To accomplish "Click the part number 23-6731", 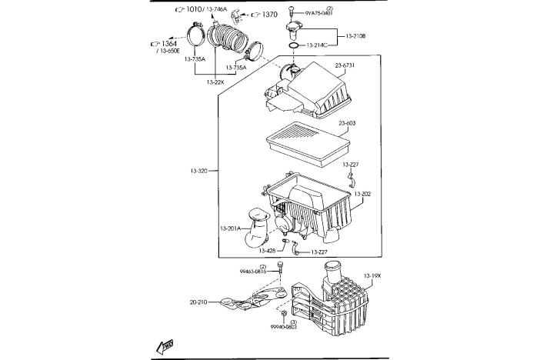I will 345,66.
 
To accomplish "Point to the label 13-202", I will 362,194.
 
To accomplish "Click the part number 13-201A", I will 230,228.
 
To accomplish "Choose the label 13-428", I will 267,251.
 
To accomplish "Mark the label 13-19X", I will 372,275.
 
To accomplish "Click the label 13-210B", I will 356,35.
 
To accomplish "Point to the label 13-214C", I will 316,45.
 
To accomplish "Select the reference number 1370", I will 269,15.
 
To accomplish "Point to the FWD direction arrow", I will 165,348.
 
